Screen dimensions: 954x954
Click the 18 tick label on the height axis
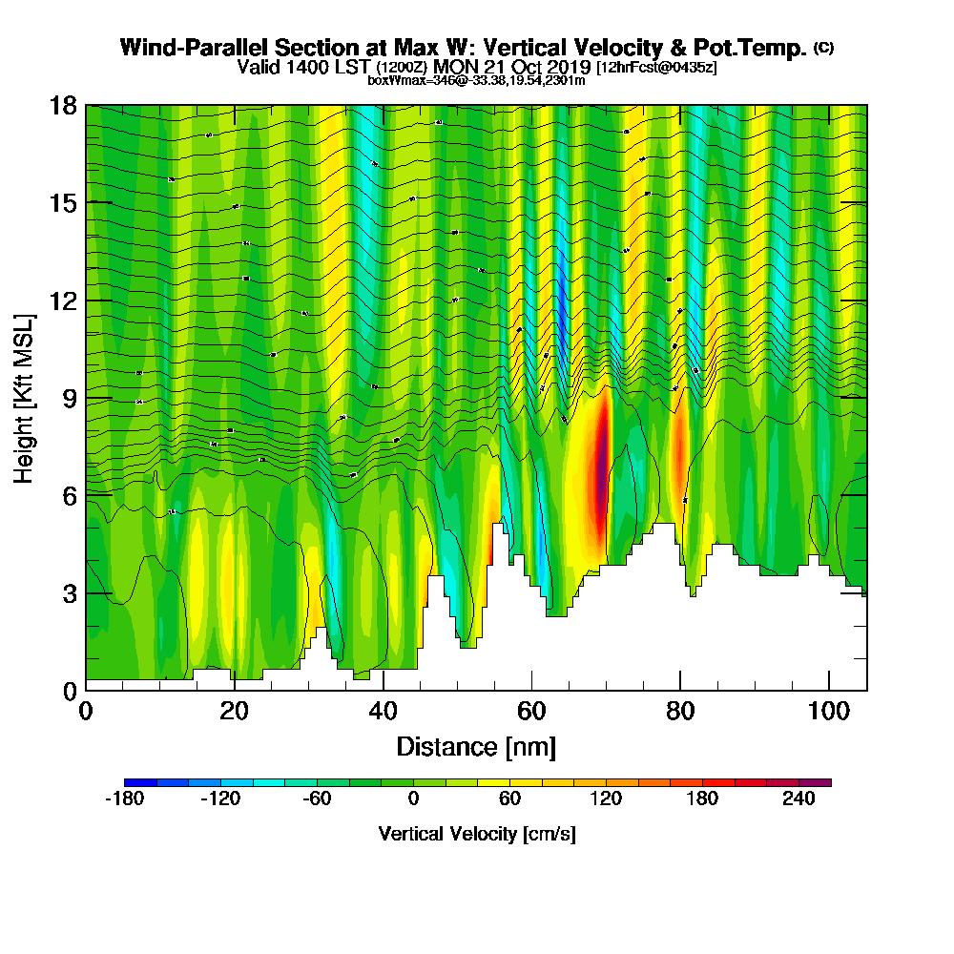tap(63, 105)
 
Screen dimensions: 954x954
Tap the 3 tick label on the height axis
tap(69, 592)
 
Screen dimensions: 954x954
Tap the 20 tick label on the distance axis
tap(235, 712)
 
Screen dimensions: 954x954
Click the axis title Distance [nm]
tap(476, 746)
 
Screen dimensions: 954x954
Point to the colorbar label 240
tap(798, 799)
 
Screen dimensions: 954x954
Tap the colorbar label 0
tap(413, 799)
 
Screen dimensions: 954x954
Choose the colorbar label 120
tap(606, 799)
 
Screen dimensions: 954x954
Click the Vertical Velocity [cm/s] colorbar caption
tap(477, 834)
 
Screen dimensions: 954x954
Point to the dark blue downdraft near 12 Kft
tap(563, 320)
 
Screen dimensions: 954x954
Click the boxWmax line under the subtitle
tap(476, 80)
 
